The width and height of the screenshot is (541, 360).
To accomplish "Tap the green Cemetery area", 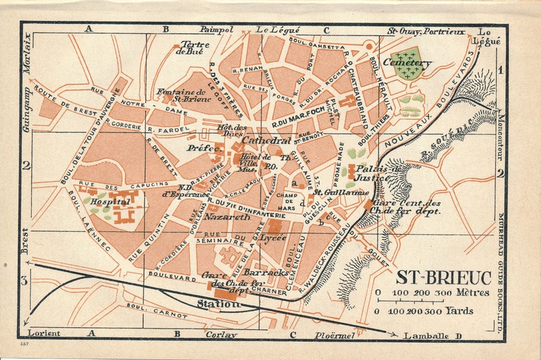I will click(x=408, y=63).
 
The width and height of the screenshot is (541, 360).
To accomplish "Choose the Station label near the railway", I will click(x=218, y=304).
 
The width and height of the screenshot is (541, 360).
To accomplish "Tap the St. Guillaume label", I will click(x=341, y=192).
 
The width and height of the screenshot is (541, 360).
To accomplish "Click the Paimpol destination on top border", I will click(x=217, y=30).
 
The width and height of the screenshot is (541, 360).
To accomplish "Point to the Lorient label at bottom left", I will click(x=44, y=333).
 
